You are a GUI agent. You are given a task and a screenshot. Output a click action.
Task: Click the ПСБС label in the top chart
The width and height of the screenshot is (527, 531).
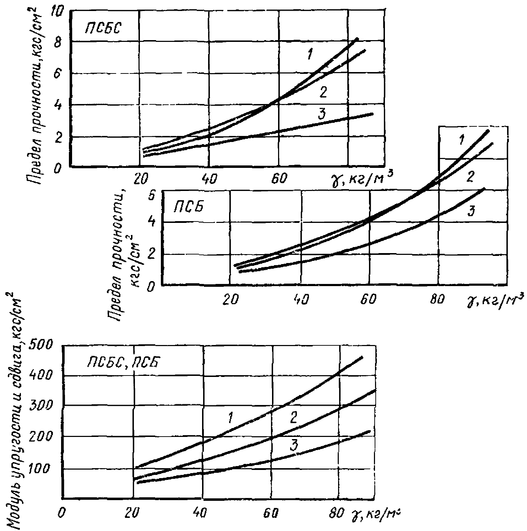(102, 28)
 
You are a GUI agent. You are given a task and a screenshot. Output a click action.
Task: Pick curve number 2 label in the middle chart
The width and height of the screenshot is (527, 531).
(469, 176)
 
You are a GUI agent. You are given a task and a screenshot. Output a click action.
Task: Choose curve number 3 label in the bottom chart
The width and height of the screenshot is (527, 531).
(293, 446)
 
